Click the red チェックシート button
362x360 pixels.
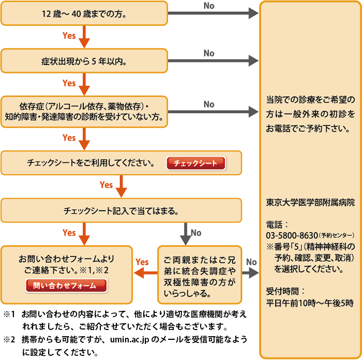pos(195,163)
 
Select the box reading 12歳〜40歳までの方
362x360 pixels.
pos(84,13)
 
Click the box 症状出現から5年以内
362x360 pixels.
pos(84,61)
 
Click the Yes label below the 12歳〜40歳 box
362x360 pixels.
pos(69,36)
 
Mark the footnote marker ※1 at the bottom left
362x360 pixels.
pos(11,314)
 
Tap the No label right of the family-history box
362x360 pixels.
pos(251,262)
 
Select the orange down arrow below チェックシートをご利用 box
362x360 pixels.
pos(122,185)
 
